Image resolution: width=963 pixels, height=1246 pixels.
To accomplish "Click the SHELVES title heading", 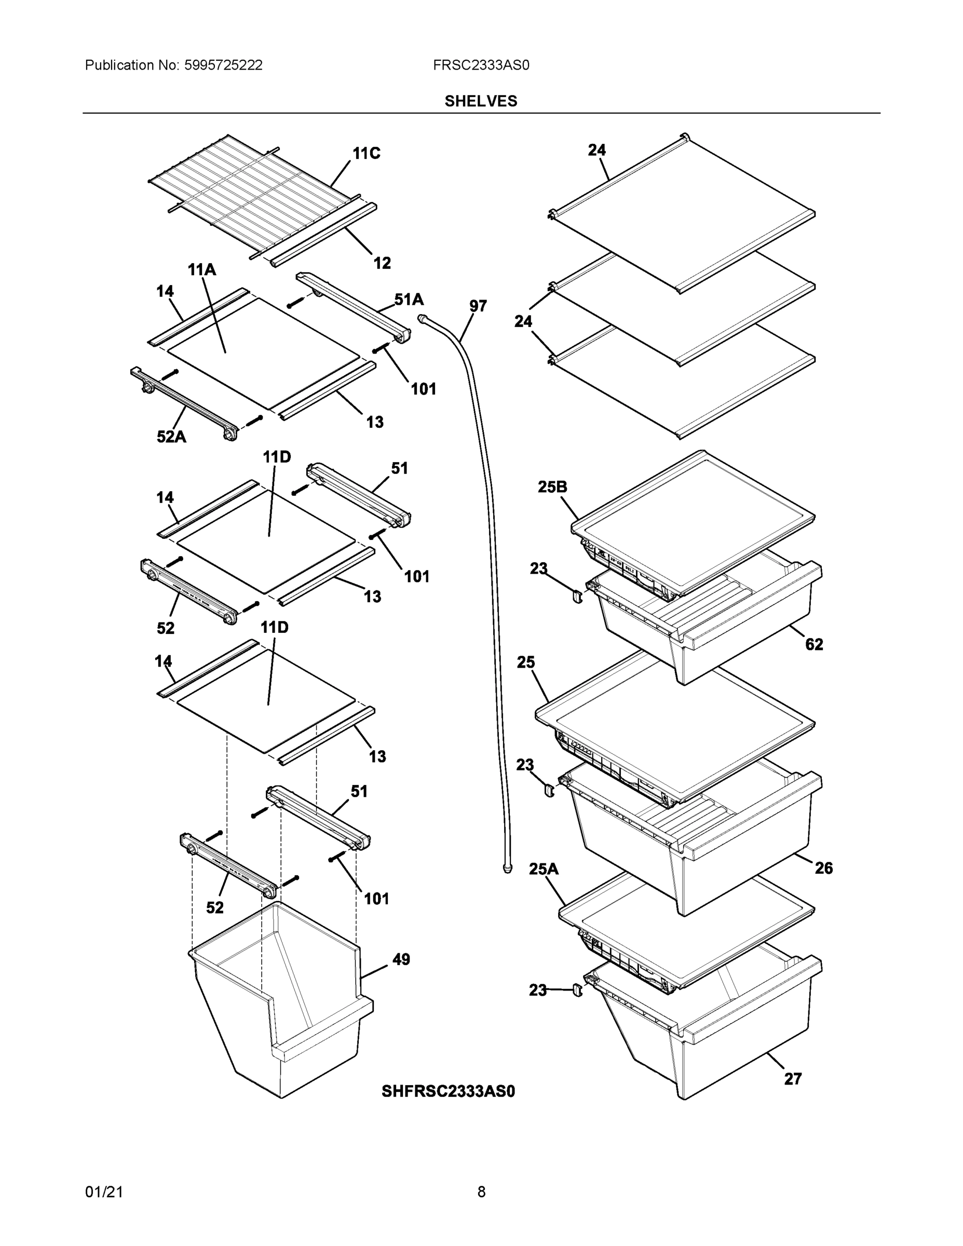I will (480, 101).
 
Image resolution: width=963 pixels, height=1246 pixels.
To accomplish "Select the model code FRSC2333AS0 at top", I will (480, 65).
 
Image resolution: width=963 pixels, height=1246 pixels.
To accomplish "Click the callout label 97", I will (478, 306).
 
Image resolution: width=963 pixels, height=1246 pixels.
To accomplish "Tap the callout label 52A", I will (171, 437).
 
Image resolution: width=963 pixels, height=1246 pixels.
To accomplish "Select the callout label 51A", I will (409, 300).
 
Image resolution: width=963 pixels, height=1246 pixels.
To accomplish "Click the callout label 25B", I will (552, 486).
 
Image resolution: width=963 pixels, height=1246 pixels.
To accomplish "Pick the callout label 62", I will (813, 644).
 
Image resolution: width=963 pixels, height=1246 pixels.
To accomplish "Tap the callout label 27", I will (792, 1078).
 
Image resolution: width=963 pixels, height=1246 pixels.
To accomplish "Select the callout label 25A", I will (544, 869).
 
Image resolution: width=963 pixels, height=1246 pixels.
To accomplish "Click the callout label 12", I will (382, 263).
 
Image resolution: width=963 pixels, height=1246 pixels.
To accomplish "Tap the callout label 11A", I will (202, 269).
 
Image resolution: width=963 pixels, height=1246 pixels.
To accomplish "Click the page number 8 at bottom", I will (481, 1192).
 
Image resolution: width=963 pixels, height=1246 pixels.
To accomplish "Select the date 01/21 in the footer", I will (104, 1192).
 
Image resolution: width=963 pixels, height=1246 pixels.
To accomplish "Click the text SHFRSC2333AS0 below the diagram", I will (448, 1091).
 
